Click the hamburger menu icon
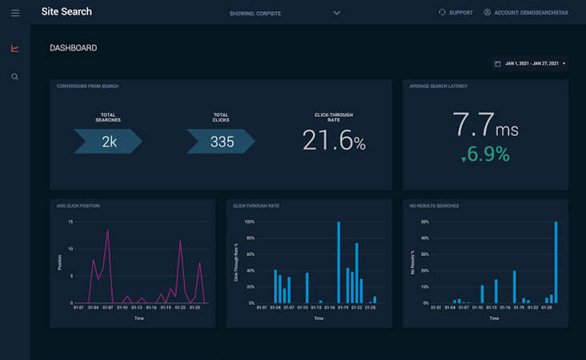pyautogui.click(x=15, y=13)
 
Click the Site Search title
pyautogui.click(x=66, y=12)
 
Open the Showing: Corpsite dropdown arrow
pyautogui.click(x=336, y=13)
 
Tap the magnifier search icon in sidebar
pyautogui.click(x=14, y=77)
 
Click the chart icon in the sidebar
pyautogui.click(x=14, y=48)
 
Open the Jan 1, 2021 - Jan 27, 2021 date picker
pyautogui.click(x=530, y=63)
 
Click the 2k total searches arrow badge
pyautogui.click(x=108, y=142)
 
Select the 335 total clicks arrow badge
pyautogui.click(x=222, y=142)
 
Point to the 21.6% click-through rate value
pyautogui.click(x=334, y=141)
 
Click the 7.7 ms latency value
pyautogui.click(x=485, y=126)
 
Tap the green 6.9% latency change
pyautogui.click(x=485, y=154)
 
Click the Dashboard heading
pyautogui.click(x=74, y=48)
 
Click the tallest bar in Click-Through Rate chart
pyautogui.click(x=339, y=262)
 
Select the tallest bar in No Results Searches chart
pyautogui.click(x=556, y=262)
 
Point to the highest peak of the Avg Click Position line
pyautogui.click(x=107, y=231)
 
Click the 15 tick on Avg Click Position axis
pyautogui.click(x=70, y=222)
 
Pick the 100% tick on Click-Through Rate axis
pyautogui.click(x=249, y=222)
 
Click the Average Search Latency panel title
pyautogui.click(x=438, y=86)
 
